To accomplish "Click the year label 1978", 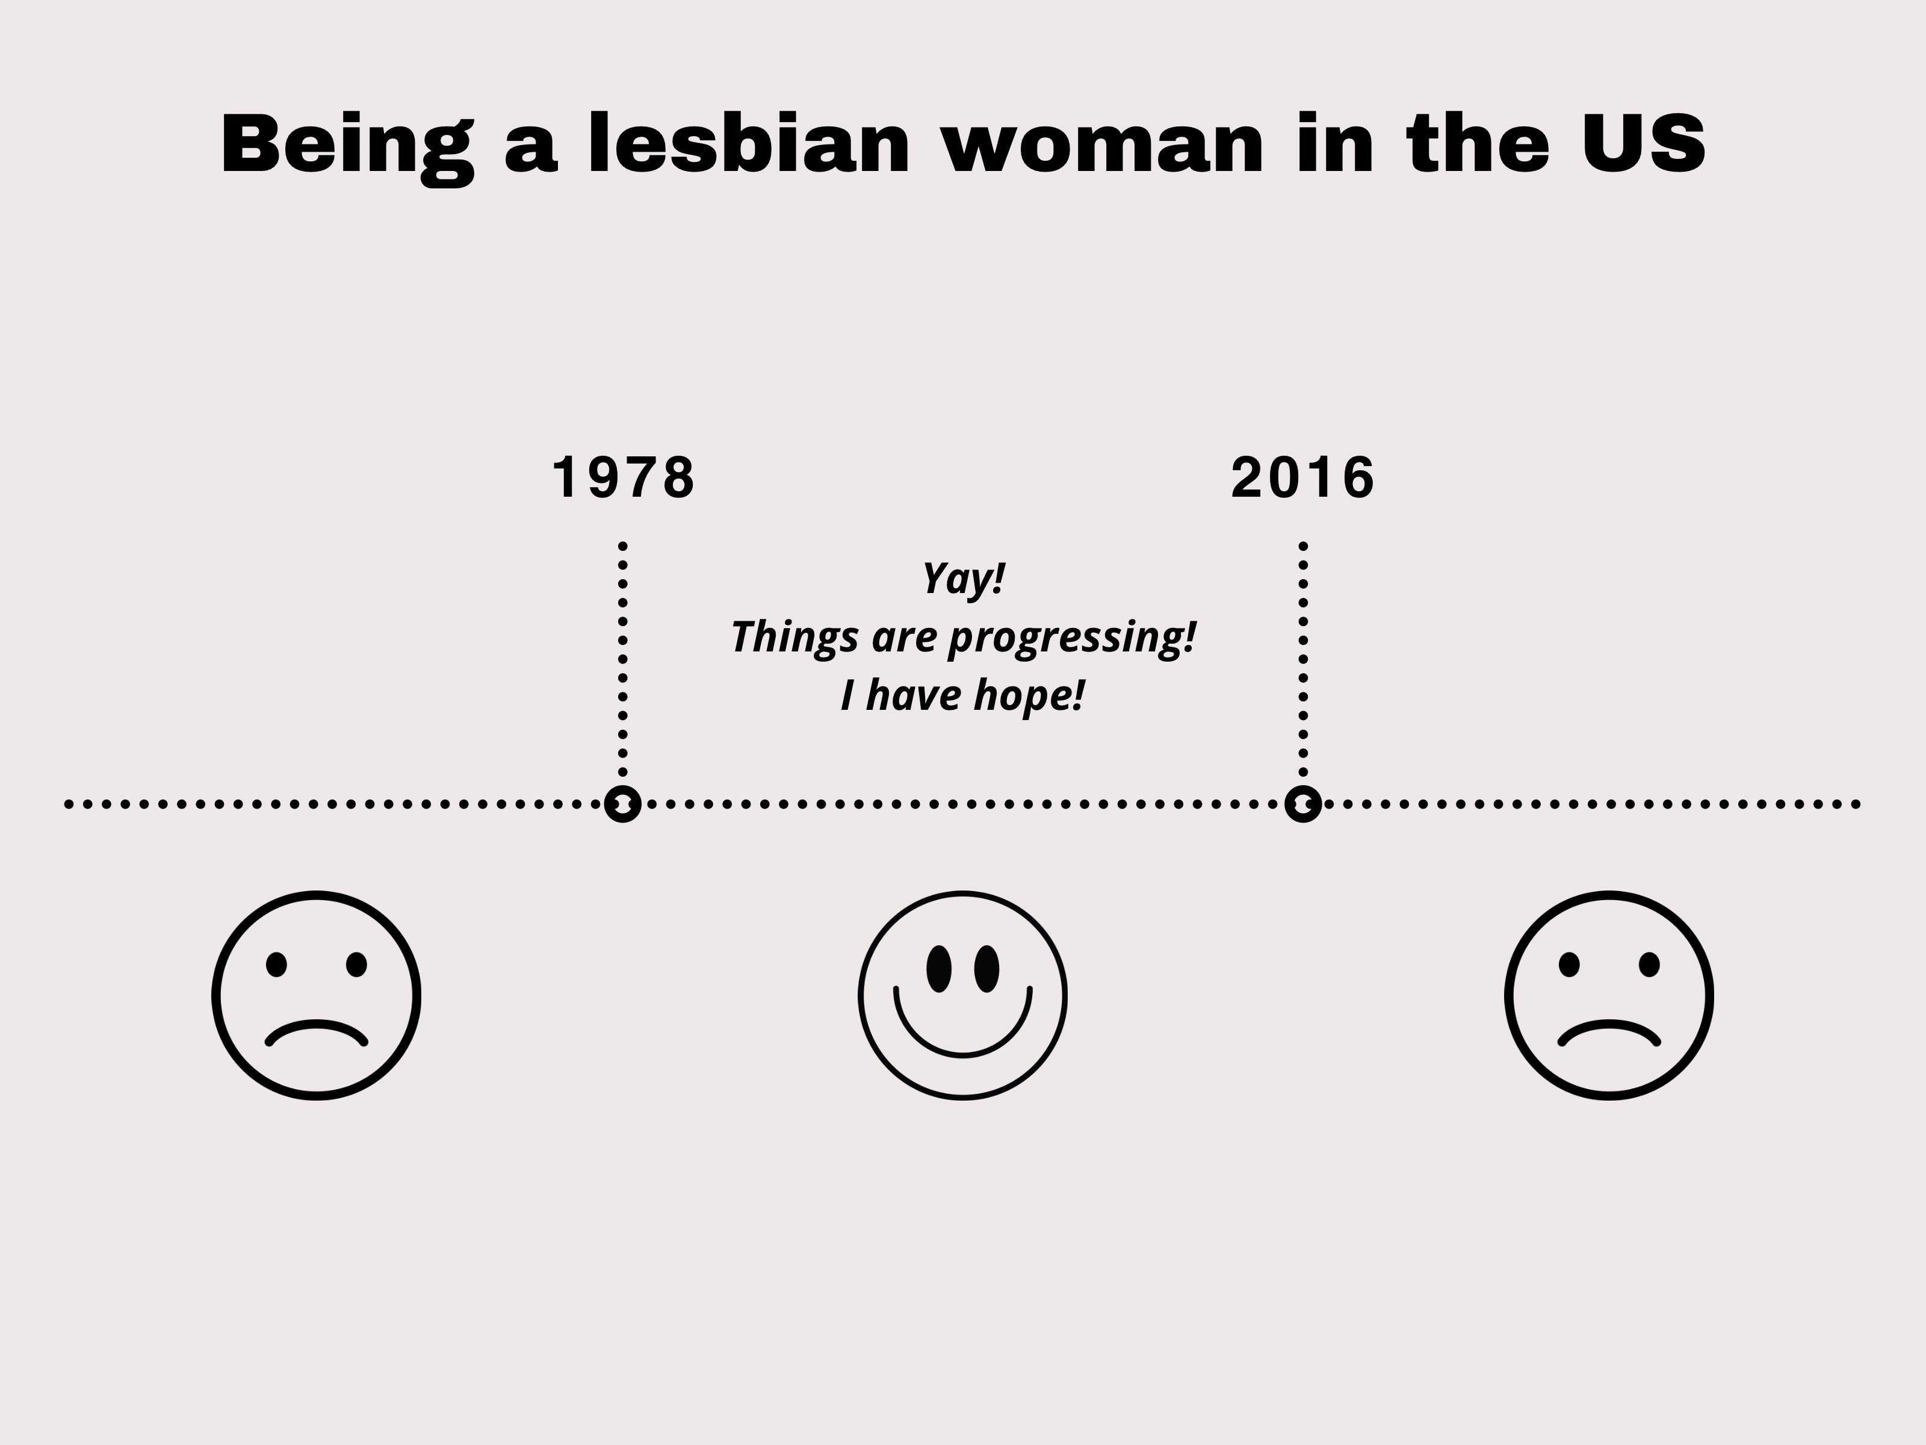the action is tap(624, 477).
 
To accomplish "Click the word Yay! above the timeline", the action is tap(963, 579).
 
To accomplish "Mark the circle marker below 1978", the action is tap(622, 804).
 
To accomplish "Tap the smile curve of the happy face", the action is tap(963, 1055).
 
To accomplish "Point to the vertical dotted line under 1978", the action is tap(622, 659).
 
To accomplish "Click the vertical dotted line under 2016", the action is tap(1304, 659).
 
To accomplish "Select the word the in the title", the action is tap(1478, 144).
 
